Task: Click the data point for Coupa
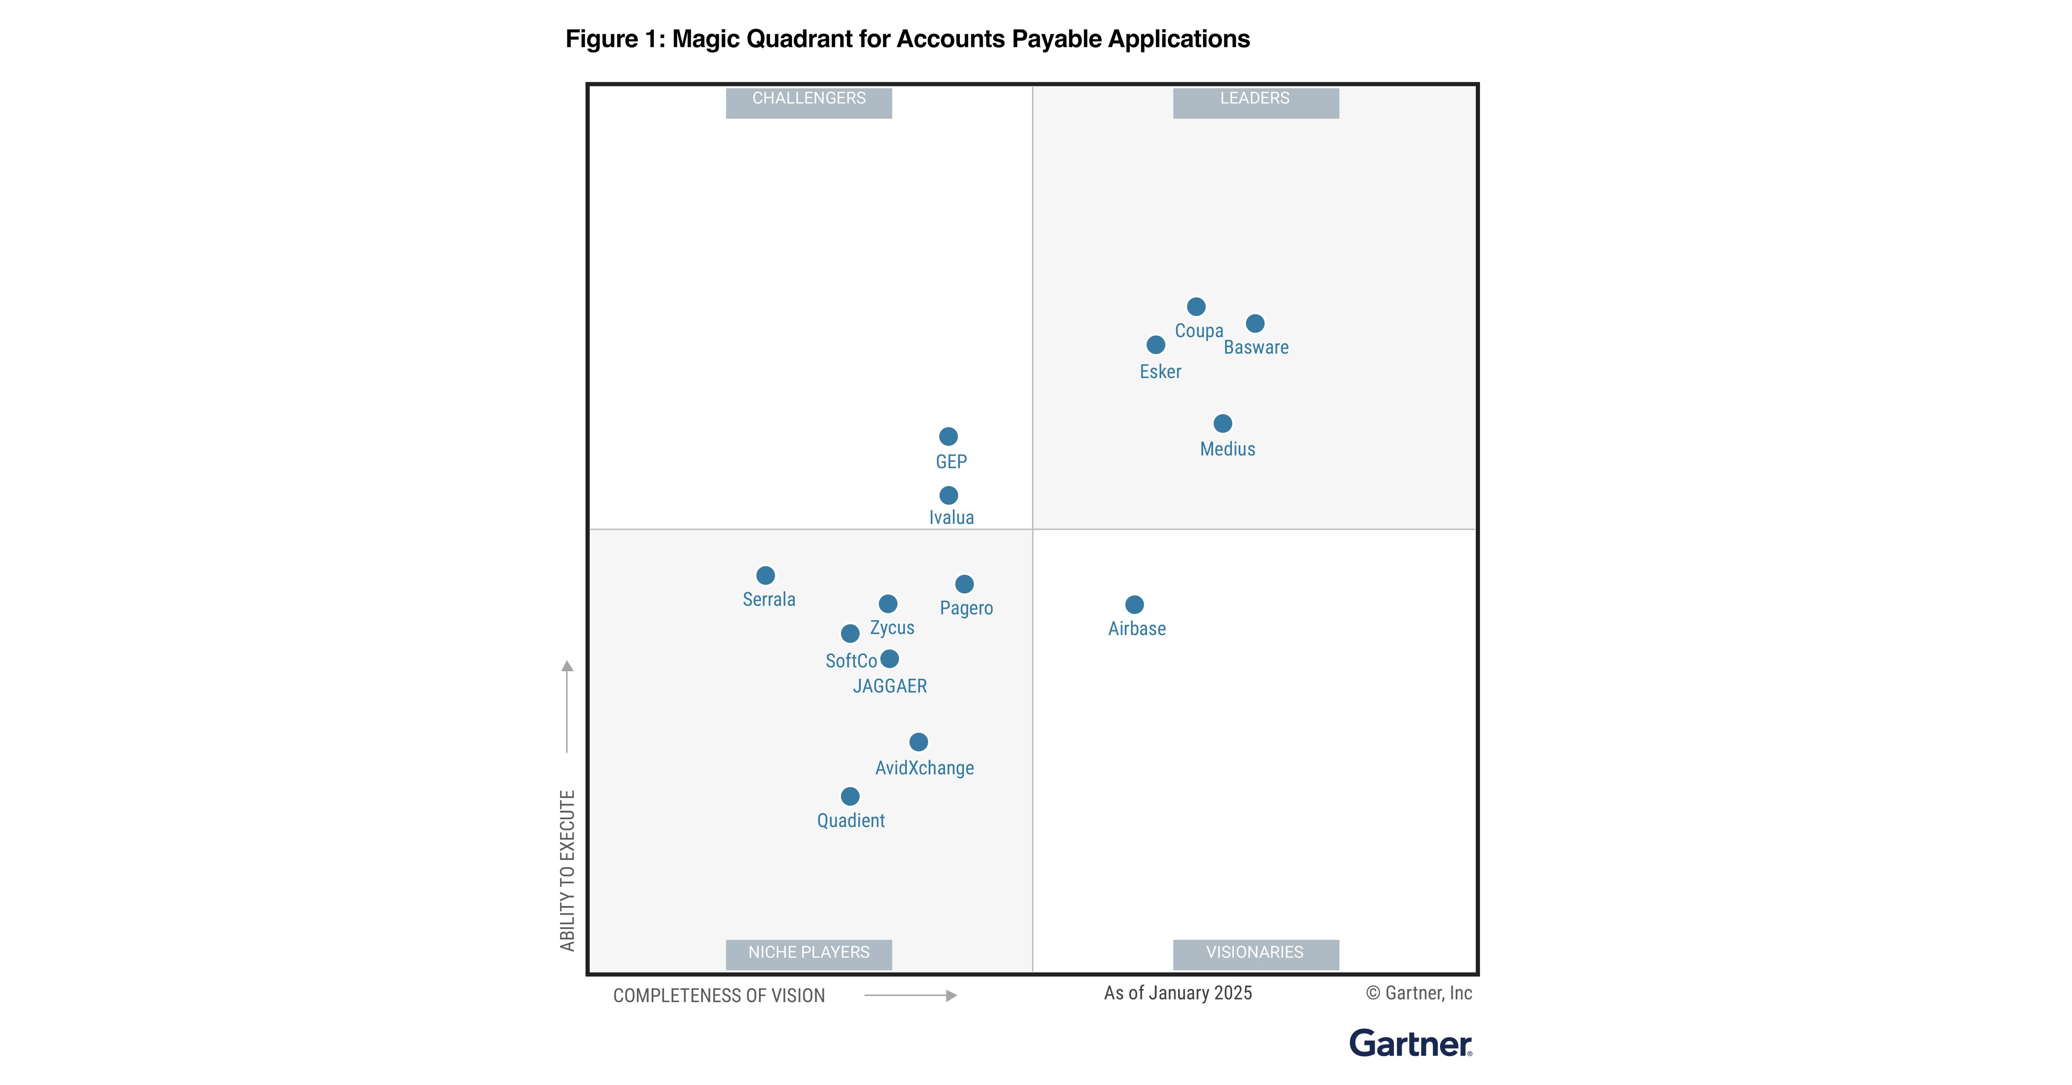[x=1196, y=307]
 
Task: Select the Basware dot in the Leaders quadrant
[x=1255, y=323]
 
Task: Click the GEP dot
[x=948, y=437]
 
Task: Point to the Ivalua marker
[x=948, y=495]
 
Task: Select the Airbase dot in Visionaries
[x=1134, y=605]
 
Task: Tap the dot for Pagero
[x=964, y=584]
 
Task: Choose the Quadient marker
[x=850, y=796]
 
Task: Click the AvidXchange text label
[x=924, y=768]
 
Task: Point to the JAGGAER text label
[x=890, y=686]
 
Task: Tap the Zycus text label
[x=892, y=628]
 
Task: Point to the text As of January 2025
[x=1178, y=993]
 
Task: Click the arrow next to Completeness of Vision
[x=910, y=996]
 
